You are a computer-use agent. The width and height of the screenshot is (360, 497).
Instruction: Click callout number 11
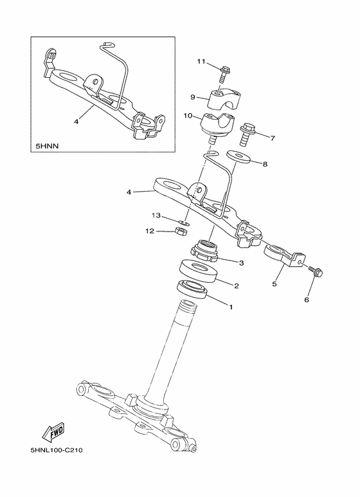[201, 62]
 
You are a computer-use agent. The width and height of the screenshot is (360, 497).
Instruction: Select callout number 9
[192, 96]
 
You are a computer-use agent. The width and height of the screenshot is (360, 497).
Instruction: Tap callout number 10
[188, 116]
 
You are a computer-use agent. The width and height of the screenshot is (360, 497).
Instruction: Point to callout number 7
[273, 138]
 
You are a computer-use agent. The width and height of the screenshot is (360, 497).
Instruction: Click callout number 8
[265, 164]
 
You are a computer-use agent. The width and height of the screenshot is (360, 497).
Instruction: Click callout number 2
[237, 285]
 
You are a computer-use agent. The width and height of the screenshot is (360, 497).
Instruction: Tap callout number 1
[230, 307]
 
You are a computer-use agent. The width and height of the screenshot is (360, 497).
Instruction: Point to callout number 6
[307, 300]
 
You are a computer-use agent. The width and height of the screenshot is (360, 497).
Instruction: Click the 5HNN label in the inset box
[46, 147]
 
